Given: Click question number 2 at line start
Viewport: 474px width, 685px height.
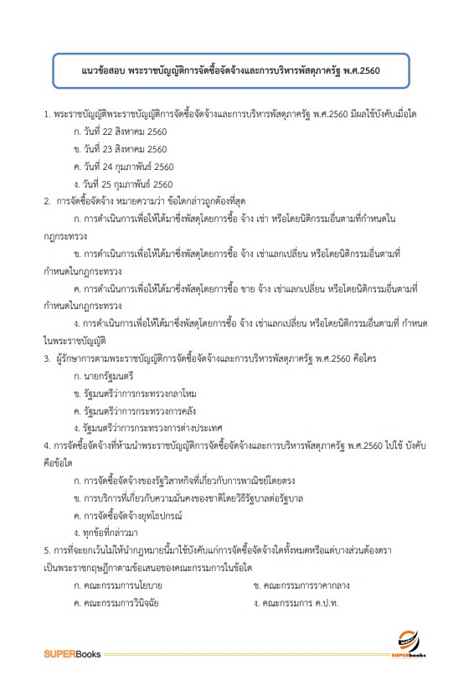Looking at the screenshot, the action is point(47,201).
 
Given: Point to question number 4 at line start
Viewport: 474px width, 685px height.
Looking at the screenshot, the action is point(47,446).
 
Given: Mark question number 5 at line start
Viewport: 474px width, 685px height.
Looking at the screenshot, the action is point(47,549).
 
